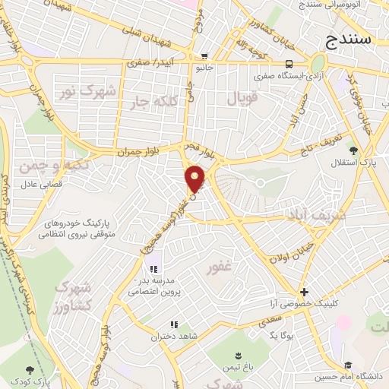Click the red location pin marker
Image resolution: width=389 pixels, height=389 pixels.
coord(196,178)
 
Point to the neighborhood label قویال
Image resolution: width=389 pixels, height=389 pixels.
coord(242,98)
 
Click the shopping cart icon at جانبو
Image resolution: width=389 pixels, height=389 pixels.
coord(205,55)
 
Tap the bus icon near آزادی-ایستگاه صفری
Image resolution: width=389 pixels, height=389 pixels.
coord(289,64)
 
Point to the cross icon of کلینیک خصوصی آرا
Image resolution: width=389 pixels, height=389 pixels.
coord(304,292)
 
